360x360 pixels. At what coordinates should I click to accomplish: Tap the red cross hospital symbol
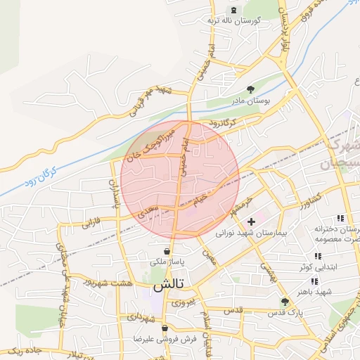[x=251, y=221]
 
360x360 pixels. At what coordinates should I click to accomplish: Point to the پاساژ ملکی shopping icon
[x=167, y=251]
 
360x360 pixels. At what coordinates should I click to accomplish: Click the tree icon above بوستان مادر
[x=251, y=89]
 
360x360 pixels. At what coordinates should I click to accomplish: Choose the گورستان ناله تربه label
[x=233, y=20]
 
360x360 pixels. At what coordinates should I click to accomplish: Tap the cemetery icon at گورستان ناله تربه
[x=233, y=10]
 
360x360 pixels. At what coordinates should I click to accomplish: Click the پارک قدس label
[x=285, y=311]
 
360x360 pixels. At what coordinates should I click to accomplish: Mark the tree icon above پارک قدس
[x=285, y=301]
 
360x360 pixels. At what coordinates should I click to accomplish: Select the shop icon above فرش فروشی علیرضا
[x=165, y=328]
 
